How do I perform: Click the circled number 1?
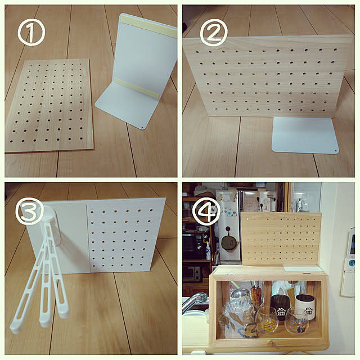(31, 32)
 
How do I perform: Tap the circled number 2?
(214, 33)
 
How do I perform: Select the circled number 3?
(30, 211)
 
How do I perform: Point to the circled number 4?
(206, 211)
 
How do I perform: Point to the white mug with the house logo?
(304, 306)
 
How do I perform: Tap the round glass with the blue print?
(296, 321)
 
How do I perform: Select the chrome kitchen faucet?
(194, 300)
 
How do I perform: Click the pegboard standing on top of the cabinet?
(281, 239)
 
